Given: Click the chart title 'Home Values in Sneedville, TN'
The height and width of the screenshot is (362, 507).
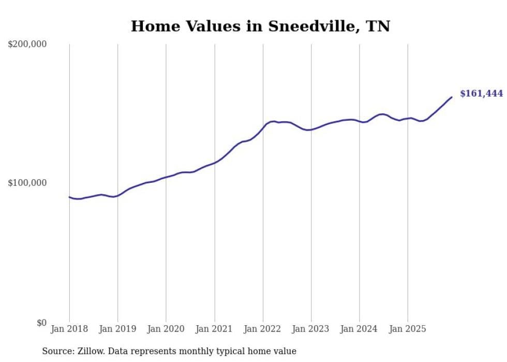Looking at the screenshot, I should (260, 26).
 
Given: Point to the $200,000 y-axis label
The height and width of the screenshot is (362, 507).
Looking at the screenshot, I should (27, 44).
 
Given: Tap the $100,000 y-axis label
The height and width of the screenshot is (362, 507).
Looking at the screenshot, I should (27, 183).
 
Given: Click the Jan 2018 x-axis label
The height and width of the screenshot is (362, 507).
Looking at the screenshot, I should (69, 329).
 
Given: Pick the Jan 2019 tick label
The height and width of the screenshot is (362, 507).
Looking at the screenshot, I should (117, 329).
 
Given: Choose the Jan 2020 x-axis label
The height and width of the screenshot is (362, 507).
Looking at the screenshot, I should (166, 329).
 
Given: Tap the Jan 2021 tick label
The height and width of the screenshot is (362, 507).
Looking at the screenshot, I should (214, 329).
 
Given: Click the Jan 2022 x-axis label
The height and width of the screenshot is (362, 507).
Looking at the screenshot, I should (263, 329).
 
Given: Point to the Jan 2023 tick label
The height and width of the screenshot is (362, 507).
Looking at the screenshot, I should (311, 329).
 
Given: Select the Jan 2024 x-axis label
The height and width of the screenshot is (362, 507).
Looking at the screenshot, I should (360, 329).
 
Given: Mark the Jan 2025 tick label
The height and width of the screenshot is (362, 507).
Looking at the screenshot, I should (408, 329).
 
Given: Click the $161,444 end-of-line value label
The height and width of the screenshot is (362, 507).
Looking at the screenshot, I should (481, 94).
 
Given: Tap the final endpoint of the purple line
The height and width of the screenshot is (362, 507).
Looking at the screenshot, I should (452, 97).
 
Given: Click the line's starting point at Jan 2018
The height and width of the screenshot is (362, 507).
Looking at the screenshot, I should (69, 197).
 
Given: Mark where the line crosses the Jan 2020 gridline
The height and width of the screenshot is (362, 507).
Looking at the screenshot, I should (166, 177).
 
